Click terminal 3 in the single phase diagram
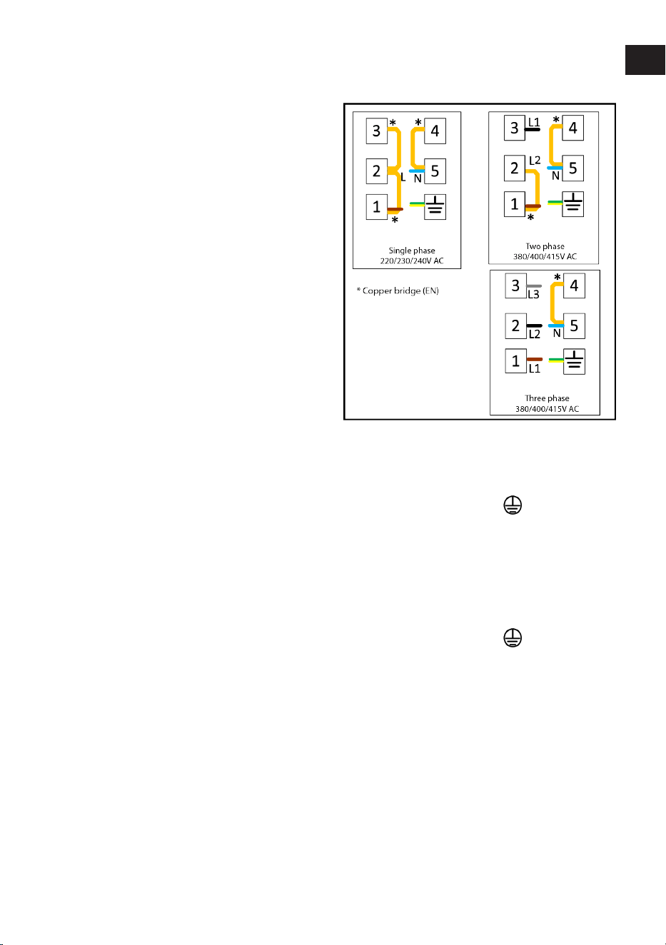(x=376, y=131)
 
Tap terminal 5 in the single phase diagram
(x=435, y=171)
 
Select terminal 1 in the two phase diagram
(x=515, y=204)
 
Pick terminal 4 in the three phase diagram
(x=574, y=285)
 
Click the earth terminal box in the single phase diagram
(x=435, y=207)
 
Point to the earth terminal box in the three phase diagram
(x=574, y=362)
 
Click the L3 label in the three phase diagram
(x=533, y=295)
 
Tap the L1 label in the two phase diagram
(x=534, y=122)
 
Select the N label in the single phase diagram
(x=418, y=179)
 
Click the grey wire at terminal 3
(x=534, y=286)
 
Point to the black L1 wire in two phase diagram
(x=533, y=129)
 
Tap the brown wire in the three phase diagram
(x=535, y=360)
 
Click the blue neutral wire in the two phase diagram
(x=555, y=168)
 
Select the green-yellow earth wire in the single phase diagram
(x=417, y=204)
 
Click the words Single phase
(x=411, y=251)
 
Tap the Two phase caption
(x=545, y=246)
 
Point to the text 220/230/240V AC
(x=411, y=261)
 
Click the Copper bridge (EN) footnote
(x=398, y=290)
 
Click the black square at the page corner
(x=645, y=60)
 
